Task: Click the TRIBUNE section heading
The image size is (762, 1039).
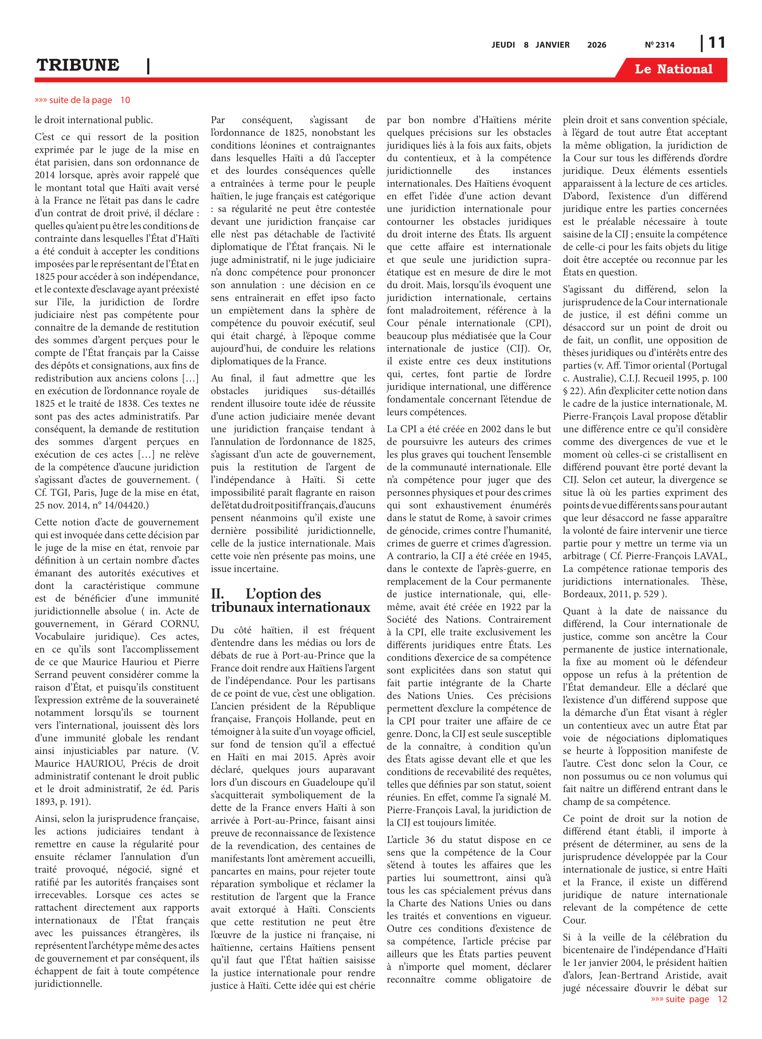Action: click(x=78, y=65)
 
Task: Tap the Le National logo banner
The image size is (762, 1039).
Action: click(x=673, y=69)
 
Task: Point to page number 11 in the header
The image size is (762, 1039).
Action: click(x=716, y=43)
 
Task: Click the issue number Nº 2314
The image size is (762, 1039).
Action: click(x=659, y=45)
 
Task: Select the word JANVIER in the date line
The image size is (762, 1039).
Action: click(x=552, y=45)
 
